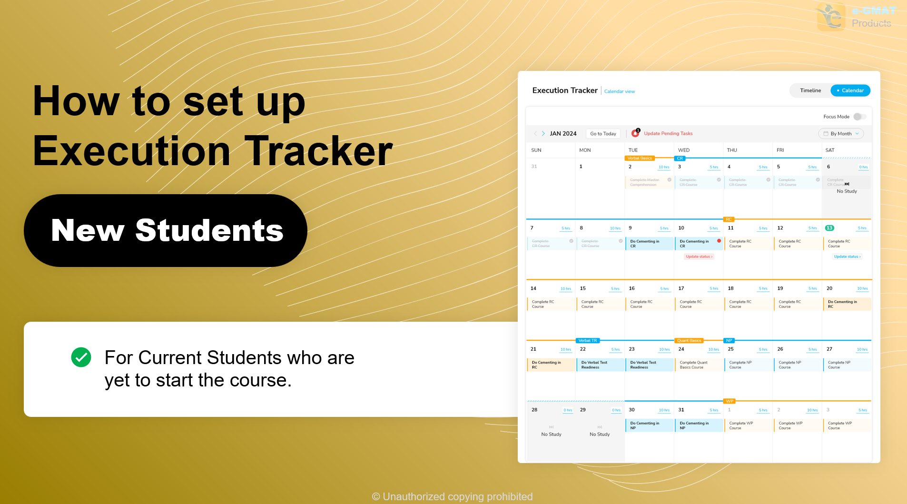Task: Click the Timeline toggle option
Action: click(810, 90)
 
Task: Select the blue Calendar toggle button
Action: click(850, 90)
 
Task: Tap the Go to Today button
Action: click(603, 134)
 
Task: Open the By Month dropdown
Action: click(841, 134)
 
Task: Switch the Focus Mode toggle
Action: click(859, 117)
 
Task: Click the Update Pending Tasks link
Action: click(668, 134)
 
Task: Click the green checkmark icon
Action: click(81, 357)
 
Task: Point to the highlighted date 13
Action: click(829, 228)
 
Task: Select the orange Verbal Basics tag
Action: click(640, 158)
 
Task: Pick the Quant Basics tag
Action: click(689, 341)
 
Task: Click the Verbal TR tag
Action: click(587, 341)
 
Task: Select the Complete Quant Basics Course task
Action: click(698, 365)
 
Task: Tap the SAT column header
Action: click(830, 150)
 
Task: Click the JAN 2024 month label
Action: click(563, 134)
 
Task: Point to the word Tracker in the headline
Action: click(319, 151)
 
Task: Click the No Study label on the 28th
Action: click(551, 435)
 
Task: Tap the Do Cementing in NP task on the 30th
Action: click(649, 425)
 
